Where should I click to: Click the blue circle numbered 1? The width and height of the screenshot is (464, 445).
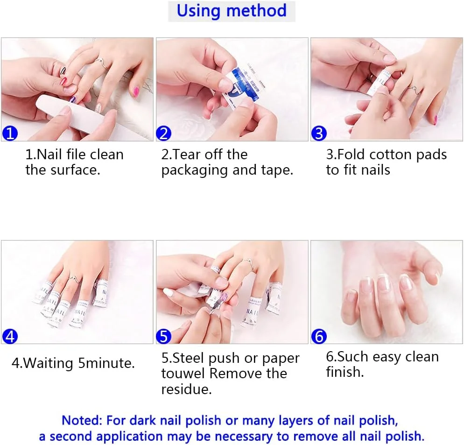tap(10, 133)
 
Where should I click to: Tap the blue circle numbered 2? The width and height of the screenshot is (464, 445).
tap(164, 133)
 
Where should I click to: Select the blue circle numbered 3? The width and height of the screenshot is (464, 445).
tap(319, 133)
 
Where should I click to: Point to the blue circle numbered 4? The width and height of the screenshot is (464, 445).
tap(10, 336)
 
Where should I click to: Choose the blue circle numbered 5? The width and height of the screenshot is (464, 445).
tap(164, 336)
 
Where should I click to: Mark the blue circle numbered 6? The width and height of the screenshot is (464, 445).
tap(319, 336)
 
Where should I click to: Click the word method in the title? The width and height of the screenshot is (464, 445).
tap(256, 10)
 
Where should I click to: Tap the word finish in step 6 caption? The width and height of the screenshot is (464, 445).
tap(345, 372)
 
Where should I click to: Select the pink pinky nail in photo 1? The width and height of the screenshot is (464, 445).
tap(136, 91)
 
